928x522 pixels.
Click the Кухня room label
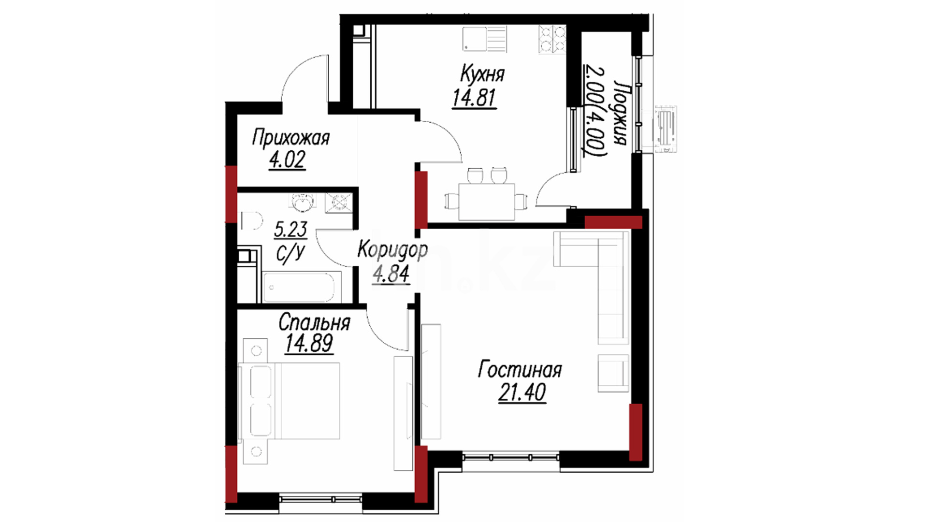click(x=482, y=74)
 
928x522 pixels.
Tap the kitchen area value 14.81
click(x=474, y=98)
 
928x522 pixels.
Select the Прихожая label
click(x=290, y=138)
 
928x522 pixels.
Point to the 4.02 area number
click(x=287, y=160)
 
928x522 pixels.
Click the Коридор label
click(x=392, y=250)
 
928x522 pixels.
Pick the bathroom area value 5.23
click(x=290, y=229)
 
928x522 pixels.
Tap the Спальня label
click(x=314, y=322)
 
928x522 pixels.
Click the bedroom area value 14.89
click(x=309, y=344)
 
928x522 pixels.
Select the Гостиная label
click(x=520, y=370)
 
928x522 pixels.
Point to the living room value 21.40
click(x=522, y=392)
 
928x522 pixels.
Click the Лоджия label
click(x=620, y=113)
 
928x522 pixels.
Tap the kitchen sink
click(x=485, y=39)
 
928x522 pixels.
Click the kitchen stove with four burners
click(x=552, y=39)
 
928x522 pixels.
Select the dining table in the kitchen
click(x=486, y=201)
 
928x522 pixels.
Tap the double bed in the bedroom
click(x=290, y=401)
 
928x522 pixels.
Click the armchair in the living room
click(x=613, y=373)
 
